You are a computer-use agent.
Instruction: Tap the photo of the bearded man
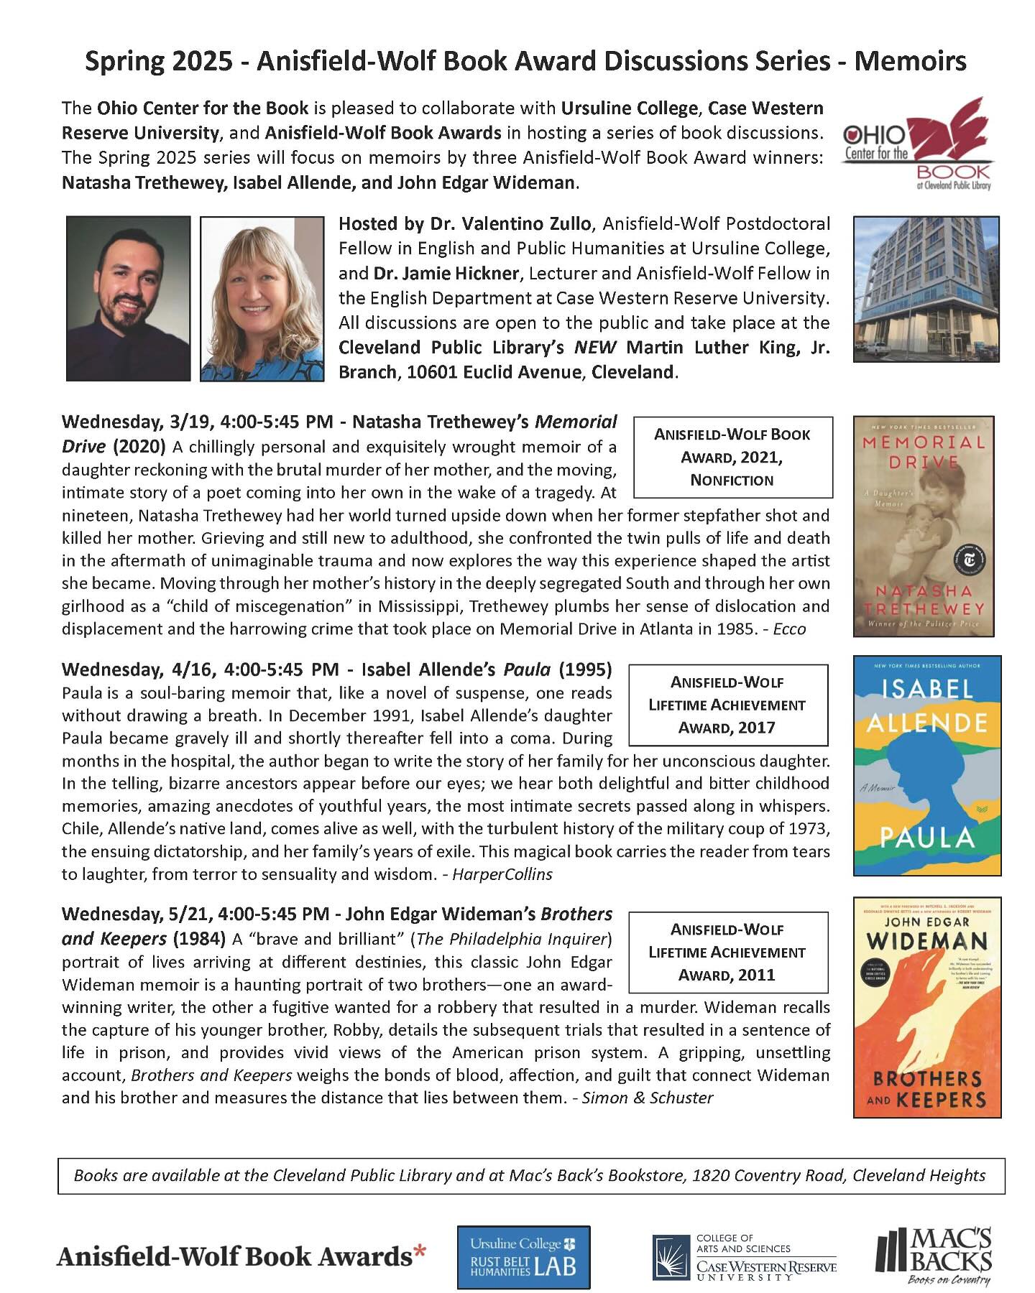tap(128, 298)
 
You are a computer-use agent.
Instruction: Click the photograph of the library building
tap(926, 289)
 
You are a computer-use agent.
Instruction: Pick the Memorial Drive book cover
tap(924, 527)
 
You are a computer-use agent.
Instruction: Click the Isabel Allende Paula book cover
tap(927, 766)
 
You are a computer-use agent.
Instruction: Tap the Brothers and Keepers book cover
tap(927, 1007)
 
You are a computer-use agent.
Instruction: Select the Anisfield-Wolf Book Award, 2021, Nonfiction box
tap(732, 457)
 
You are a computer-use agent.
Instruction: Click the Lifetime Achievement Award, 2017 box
tap(727, 705)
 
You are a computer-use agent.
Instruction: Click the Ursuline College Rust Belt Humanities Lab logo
tap(523, 1257)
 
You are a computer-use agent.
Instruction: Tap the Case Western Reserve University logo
tap(744, 1257)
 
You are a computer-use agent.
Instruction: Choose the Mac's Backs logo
tap(934, 1256)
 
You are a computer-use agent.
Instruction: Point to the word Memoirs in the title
tap(910, 62)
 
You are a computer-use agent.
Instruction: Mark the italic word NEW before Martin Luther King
tap(595, 348)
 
